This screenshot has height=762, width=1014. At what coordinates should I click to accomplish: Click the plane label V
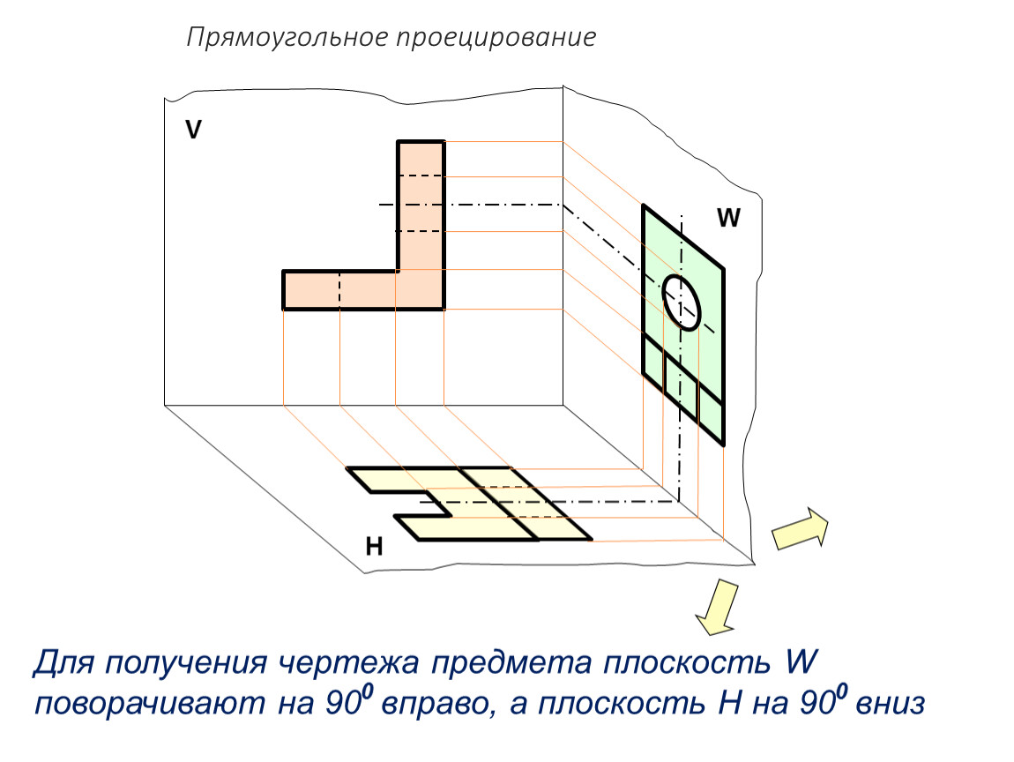pyautogui.click(x=193, y=130)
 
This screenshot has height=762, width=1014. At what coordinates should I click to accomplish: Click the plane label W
pyautogui.click(x=728, y=218)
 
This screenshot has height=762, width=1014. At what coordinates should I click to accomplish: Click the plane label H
pyautogui.click(x=375, y=547)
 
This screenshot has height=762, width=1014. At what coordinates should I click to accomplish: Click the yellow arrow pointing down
pyautogui.click(x=718, y=607)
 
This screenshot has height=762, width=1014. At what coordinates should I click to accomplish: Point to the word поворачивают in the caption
pyautogui.click(x=149, y=704)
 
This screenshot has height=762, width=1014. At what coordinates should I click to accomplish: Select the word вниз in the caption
pyautogui.click(x=890, y=704)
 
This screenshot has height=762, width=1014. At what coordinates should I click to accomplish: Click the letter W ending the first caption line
pyautogui.click(x=801, y=661)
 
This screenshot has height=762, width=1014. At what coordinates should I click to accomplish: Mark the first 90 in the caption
pyautogui.click(x=342, y=703)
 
